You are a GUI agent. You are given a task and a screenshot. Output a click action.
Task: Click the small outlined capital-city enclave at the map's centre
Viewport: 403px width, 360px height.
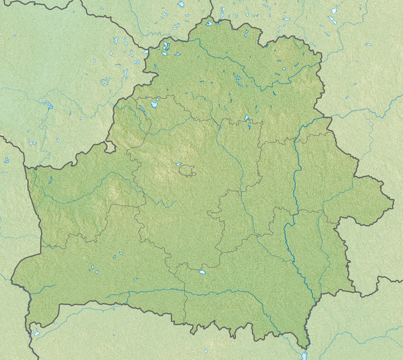pyautogui.click(x=188, y=171)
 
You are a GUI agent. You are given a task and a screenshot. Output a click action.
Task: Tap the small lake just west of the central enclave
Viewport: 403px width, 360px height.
pyautogui.click(x=178, y=164)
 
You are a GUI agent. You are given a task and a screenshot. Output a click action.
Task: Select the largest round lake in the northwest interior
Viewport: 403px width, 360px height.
pyautogui.click(x=155, y=104)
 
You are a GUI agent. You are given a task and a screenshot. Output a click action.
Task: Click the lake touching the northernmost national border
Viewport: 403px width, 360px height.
pyautogui.click(x=209, y=23)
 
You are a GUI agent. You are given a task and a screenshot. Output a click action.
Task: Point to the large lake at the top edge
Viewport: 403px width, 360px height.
pyautogui.click(x=181, y=4)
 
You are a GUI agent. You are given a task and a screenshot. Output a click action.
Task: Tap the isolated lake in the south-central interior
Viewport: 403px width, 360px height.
pyautogui.click(x=203, y=272)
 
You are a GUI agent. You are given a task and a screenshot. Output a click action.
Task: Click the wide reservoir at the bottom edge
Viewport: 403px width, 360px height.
pyautogui.click(x=305, y=356)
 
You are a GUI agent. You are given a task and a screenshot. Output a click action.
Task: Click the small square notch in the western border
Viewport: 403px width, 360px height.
pyautogui.click(x=109, y=146)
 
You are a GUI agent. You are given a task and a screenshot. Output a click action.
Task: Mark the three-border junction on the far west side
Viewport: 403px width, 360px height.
pyautogui.click(x=24, y=167)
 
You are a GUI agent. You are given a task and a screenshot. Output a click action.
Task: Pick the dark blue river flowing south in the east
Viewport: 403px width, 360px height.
pyautogui.click(x=295, y=180)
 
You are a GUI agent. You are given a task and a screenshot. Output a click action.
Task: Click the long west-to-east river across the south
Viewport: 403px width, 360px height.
pyautogui.click(x=180, y=292)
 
